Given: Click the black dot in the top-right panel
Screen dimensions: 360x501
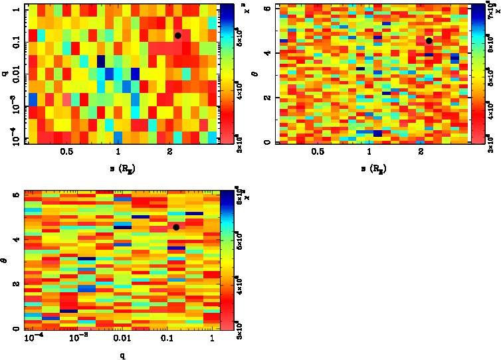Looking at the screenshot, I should pos(429,41).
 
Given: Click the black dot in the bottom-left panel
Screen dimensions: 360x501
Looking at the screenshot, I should pos(176,227).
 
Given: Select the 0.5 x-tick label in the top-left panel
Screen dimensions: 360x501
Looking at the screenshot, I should pos(66,153).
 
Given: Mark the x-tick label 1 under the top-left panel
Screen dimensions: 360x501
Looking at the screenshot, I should pos(118,153).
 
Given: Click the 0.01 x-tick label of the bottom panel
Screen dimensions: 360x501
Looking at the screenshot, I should pos(123,339).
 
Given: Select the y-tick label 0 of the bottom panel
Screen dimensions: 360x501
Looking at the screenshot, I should pos(16,329).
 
